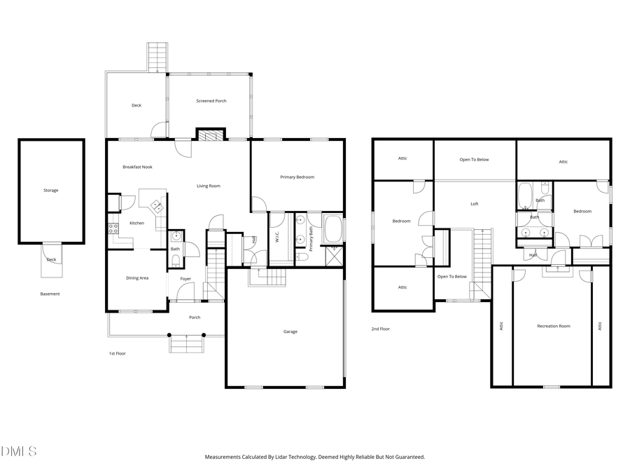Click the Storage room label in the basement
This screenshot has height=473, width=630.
(50, 190)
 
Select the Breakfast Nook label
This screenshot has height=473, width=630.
(137, 167)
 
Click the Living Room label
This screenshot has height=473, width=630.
(209, 186)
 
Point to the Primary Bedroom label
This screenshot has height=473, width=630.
(297, 177)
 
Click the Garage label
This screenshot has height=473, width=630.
(290, 331)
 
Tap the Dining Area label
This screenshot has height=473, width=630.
(137, 278)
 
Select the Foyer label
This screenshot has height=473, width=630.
(185, 279)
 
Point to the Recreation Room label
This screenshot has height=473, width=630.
(553, 326)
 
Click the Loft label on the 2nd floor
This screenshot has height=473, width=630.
(474, 204)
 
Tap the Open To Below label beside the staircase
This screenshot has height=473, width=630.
(451, 276)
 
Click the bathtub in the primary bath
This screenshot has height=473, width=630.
(333, 229)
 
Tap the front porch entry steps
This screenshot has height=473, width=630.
(186, 343)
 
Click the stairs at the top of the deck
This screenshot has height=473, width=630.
(157, 57)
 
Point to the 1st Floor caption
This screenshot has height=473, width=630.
(117, 353)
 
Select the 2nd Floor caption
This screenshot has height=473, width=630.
(380, 329)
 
